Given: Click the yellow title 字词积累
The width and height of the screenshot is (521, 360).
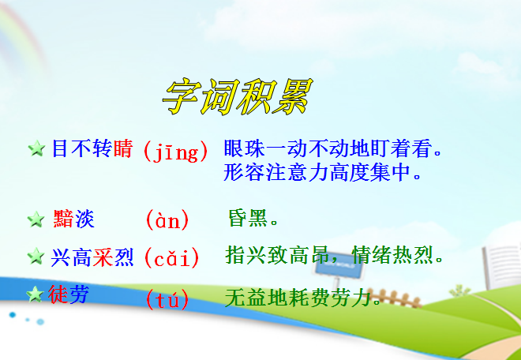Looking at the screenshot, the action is pyautogui.click(x=238, y=97).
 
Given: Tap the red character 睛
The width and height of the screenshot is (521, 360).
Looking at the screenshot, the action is pyautogui.click(x=123, y=148).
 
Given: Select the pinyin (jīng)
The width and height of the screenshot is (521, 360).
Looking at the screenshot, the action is pyautogui.click(x=176, y=152).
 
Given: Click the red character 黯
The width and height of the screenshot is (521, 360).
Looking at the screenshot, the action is pyautogui.click(x=63, y=219).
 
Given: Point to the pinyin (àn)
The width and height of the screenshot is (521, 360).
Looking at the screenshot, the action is pyautogui.click(x=167, y=220).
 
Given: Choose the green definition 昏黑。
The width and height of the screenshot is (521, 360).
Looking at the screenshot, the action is pyautogui.click(x=253, y=218).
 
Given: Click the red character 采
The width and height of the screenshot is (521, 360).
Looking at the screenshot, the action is pyautogui.click(x=103, y=257).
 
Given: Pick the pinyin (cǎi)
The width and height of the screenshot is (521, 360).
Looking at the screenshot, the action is pyautogui.click(x=171, y=258).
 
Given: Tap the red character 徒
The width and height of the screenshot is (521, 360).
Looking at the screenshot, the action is pyautogui.click(x=58, y=294).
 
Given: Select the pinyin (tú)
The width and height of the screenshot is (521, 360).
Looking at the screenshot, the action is pyautogui.click(x=167, y=299).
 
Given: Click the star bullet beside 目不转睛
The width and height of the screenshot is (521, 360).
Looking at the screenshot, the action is pyautogui.click(x=36, y=148).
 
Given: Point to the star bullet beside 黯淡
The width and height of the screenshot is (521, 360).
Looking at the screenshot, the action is pyautogui.click(x=36, y=219).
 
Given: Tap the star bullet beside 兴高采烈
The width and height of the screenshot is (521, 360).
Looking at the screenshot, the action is pyautogui.click(x=36, y=257).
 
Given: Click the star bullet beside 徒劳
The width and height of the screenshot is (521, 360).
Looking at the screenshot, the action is pyautogui.click(x=35, y=294).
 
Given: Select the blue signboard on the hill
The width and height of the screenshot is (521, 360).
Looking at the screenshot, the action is pyautogui.click(x=339, y=268).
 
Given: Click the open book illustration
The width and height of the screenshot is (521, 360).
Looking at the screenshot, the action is pyautogui.click(x=502, y=266).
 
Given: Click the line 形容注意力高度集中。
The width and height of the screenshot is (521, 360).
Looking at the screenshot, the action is pyautogui.click(x=322, y=173).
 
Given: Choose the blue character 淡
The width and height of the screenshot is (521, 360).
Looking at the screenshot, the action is pyautogui.click(x=84, y=219).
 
